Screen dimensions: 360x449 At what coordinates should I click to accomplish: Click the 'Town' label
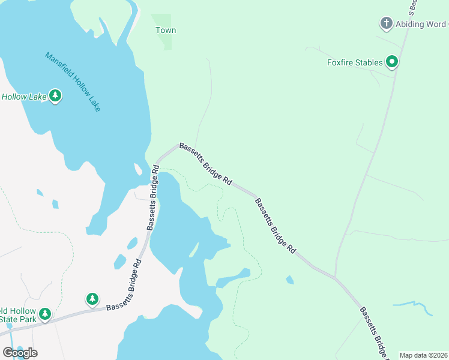[x=166, y=30]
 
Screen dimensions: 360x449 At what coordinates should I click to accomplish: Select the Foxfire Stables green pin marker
[x=392, y=62]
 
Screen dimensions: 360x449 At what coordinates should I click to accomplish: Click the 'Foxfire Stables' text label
[x=355, y=62]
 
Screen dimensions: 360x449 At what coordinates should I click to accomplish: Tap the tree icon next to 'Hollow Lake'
[x=55, y=96]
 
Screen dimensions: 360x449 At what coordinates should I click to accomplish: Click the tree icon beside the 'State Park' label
[x=45, y=314]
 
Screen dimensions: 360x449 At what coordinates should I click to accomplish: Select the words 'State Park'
[x=18, y=319]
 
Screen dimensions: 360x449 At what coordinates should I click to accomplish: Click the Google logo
[x=20, y=352]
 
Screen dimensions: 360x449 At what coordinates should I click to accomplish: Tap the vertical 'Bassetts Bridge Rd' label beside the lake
[x=152, y=198]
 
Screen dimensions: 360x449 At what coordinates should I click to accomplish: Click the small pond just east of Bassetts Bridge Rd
[x=291, y=280]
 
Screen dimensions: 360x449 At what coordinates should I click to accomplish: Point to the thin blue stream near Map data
[x=414, y=306]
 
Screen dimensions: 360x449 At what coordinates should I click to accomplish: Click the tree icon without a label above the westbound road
[x=92, y=299]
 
